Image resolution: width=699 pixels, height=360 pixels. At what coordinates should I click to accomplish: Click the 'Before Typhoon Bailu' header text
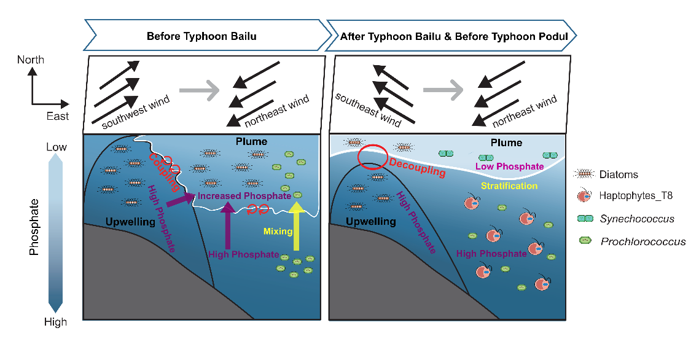201,36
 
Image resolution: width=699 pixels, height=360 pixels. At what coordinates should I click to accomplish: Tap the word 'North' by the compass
31,60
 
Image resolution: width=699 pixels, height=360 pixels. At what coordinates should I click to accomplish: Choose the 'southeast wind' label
368,111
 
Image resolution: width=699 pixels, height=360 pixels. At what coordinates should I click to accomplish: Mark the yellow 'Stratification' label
509,186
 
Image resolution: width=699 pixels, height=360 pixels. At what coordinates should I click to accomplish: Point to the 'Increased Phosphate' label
244,195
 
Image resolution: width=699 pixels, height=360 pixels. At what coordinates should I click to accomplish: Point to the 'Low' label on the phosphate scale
56,147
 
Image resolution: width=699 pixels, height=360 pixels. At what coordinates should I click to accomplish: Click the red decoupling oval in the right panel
372,157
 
